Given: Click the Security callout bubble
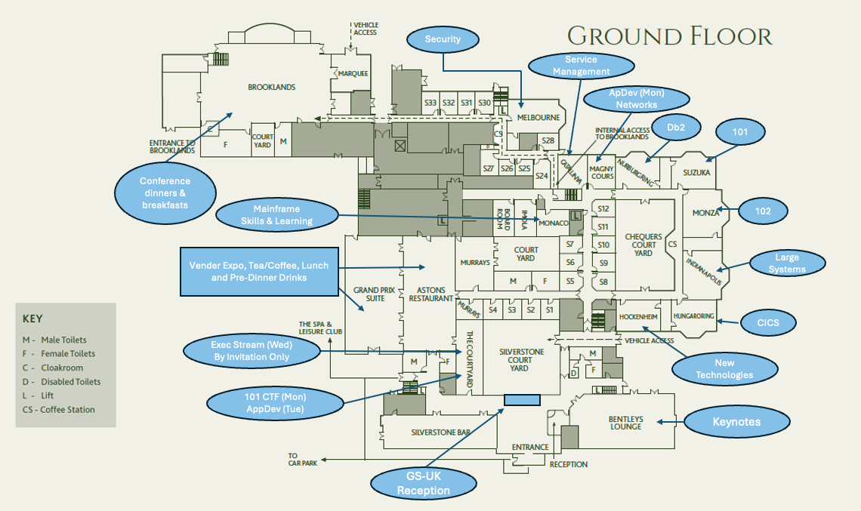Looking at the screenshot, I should (443, 39).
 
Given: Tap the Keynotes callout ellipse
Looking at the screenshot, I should (736, 422).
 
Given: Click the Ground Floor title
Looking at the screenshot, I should (669, 35).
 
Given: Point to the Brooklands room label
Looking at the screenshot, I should (271, 88).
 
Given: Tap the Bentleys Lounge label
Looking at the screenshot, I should (625, 423).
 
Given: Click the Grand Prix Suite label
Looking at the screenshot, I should (369, 294).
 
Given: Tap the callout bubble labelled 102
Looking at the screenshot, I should (763, 211).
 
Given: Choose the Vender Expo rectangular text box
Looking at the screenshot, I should (259, 271).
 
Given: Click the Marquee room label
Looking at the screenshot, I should (353, 73).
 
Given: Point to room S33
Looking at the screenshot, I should (430, 103).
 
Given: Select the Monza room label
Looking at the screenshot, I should (705, 213).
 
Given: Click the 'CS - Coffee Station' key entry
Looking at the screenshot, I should (59, 410).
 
